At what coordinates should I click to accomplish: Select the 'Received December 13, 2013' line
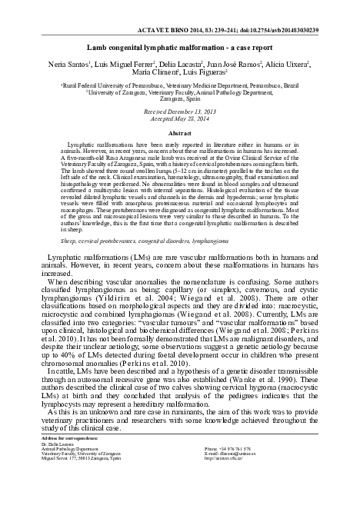pyautogui.click(x=180, y=111)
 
